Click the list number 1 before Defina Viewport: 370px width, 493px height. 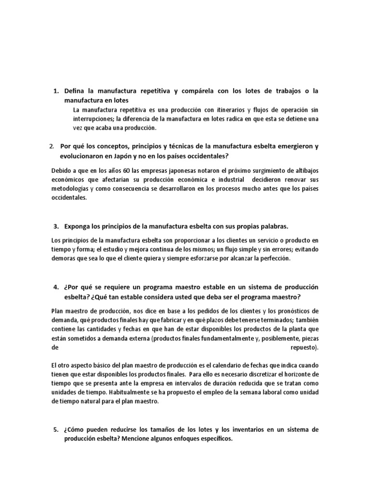pos(55,91)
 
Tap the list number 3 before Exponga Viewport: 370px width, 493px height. pos(55,226)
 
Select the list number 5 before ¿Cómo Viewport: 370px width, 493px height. pos(55,429)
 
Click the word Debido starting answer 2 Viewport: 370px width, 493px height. pos(61,171)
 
